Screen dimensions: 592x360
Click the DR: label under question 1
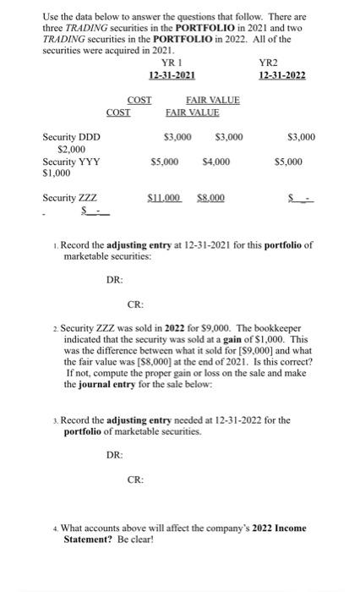click(114, 278)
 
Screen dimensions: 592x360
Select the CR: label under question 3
click(135, 479)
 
